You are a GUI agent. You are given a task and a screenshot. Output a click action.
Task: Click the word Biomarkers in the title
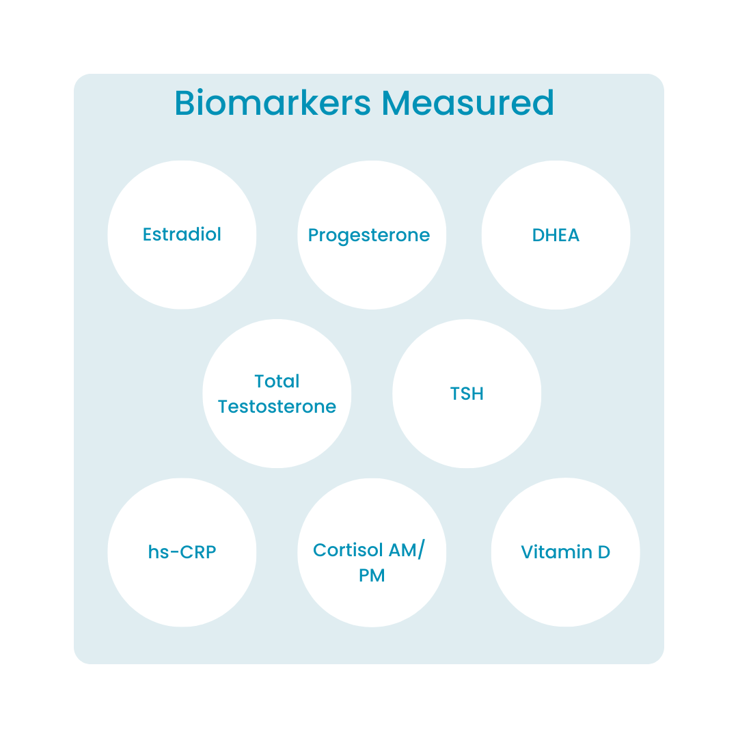point(273,102)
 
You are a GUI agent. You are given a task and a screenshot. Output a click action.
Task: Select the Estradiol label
point(182,234)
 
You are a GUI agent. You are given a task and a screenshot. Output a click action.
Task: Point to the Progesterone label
point(369,236)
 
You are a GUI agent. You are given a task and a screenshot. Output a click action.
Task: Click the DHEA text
point(556,236)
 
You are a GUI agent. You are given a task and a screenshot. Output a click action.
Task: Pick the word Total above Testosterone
point(277,381)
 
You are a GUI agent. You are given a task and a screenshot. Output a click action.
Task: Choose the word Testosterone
point(277,407)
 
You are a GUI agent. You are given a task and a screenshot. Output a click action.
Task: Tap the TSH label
point(467,394)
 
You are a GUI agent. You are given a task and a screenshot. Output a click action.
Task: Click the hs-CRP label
point(182,552)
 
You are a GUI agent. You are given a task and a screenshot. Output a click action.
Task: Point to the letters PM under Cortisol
point(372,576)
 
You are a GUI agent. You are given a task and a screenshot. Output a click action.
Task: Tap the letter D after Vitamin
point(603,552)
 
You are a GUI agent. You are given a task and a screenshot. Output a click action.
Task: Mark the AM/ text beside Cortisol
point(406,550)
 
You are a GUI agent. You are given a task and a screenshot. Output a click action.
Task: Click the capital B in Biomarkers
point(185,102)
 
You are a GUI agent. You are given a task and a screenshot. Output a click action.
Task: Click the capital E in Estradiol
point(148,234)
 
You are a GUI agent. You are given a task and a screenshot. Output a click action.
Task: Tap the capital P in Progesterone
point(314,236)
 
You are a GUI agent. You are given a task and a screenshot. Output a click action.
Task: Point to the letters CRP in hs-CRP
point(197,552)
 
